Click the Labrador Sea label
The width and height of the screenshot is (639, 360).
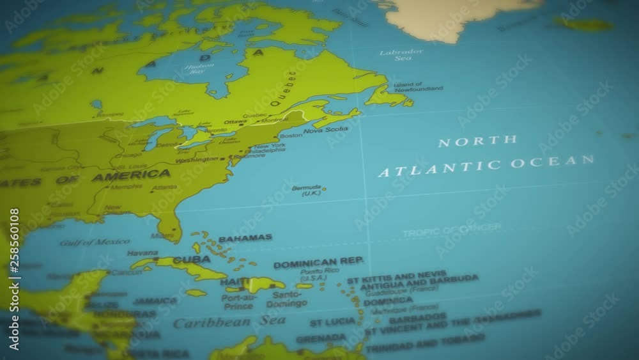click(x=401, y=55)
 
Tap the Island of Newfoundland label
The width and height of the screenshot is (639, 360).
click(x=417, y=87)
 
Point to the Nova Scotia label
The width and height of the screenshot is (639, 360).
click(x=326, y=130)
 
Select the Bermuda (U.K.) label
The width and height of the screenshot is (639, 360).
click(x=307, y=191)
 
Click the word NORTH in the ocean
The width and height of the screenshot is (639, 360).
click(x=477, y=141)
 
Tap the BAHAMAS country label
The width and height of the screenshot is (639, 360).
click(x=245, y=239)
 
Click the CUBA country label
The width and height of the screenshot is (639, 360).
click(x=191, y=260)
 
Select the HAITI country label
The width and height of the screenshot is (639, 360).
click(x=235, y=282)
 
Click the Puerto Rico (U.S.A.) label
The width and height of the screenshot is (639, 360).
click(x=314, y=275)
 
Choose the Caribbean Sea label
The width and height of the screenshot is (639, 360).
click(x=229, y=322)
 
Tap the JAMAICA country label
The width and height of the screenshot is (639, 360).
click(x=155, y=301)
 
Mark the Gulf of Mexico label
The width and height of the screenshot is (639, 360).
click(x=95, y=242)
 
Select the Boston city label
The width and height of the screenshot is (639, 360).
click(x=291, y=136)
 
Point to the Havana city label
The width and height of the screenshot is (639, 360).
click(x=142, y=253)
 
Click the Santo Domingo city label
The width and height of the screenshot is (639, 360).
click(x=286, y=300)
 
